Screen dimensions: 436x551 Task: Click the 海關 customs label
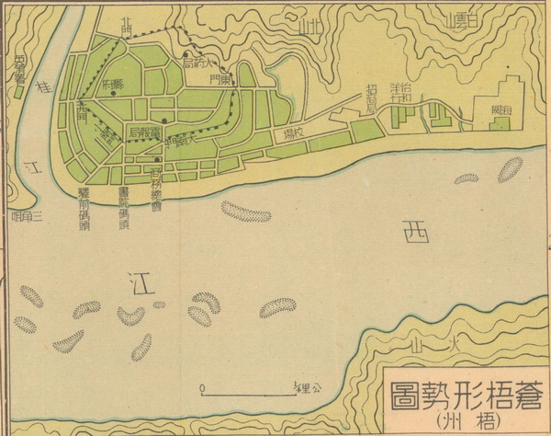(x=500, y=109)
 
